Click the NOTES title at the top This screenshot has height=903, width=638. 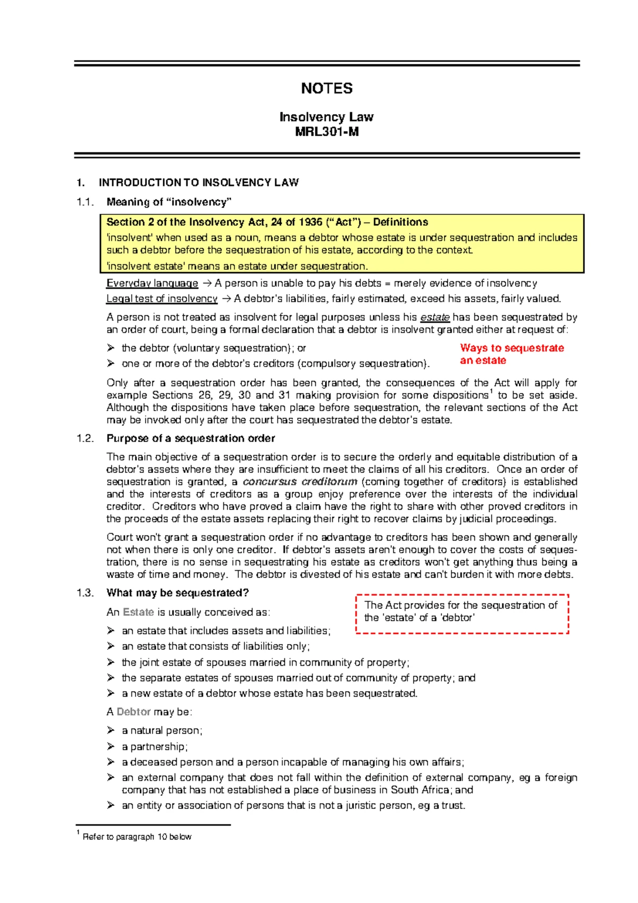pos(326,88)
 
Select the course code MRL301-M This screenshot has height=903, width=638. pos(326,132)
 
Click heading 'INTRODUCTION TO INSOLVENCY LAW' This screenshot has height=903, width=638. pos(198,183)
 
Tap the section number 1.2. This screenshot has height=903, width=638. pos(85,439)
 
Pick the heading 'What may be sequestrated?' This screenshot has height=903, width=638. pos(178,593)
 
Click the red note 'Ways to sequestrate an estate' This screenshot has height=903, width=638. pos(511,354)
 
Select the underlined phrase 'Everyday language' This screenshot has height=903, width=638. pos(152,283)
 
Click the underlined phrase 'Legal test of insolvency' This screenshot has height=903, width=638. pos(162,299)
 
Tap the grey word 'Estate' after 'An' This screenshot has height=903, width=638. pos(138,612)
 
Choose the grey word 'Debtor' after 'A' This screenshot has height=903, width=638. pos(133,712)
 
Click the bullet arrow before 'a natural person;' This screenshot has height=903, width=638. pos(111,731)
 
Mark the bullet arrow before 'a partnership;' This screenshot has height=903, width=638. pos(111,747)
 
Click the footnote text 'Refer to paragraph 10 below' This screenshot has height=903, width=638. pos(137,837)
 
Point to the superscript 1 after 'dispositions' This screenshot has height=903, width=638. pos(491,392)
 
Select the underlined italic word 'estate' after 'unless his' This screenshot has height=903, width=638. pos(435,317)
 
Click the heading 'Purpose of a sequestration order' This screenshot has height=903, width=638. pos(190,439)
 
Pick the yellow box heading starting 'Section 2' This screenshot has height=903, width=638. pos(267,222)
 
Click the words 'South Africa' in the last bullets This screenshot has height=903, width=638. pos(420,790)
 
